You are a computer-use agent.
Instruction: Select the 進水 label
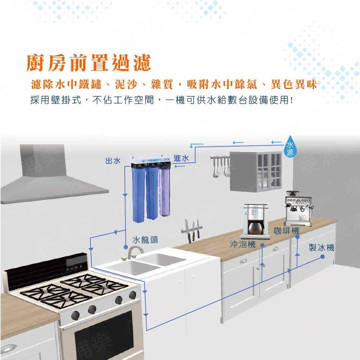181,158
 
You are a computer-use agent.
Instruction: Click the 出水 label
113,161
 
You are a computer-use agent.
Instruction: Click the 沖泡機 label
243,244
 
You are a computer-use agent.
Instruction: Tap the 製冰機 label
321,248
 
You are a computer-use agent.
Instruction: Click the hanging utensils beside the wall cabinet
219,167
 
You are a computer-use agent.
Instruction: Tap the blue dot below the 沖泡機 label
262,245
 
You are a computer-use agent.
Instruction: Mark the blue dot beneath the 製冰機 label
323,257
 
